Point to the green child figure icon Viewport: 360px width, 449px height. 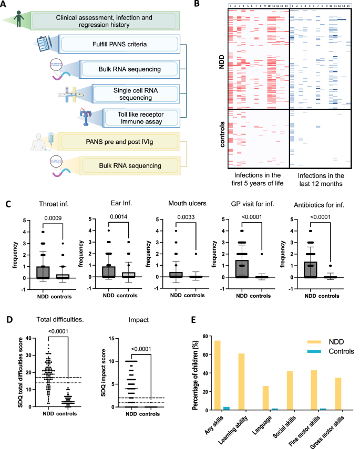[19, 19]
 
